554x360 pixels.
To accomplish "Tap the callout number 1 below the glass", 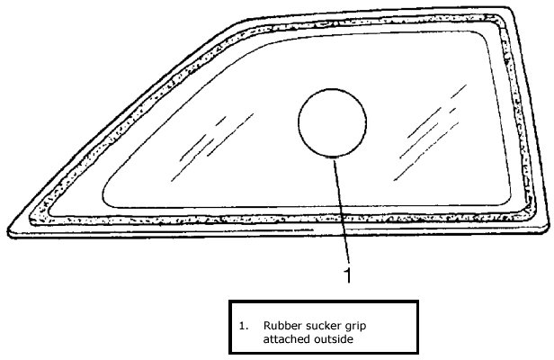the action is click(x=348, y=275).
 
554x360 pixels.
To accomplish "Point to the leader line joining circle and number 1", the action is click(x=342, y=211).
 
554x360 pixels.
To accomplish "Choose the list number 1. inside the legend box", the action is click(x=244, y=326).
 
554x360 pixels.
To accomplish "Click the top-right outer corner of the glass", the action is click(x=511, y=8).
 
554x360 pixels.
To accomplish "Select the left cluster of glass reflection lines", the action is click(x=212, y=148).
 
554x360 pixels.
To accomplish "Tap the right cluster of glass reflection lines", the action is click(x=430, y=132).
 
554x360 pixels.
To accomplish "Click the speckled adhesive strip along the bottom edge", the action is click(x=282, y=220).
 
